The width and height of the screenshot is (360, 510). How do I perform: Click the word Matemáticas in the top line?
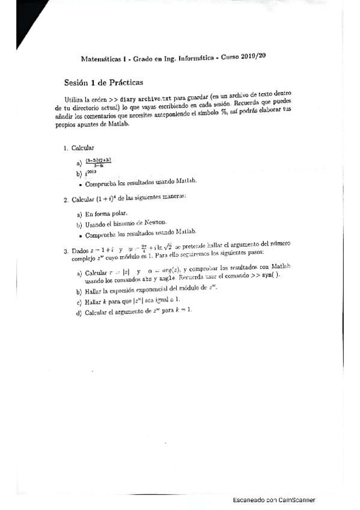101,60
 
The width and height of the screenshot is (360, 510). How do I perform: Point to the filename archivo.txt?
159,99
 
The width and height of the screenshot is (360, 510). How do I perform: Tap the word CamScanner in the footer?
299,500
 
